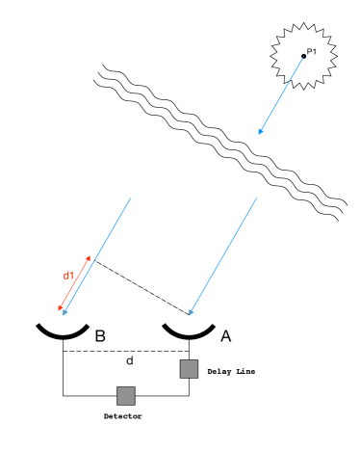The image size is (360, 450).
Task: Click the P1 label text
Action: click(x=311, y=52)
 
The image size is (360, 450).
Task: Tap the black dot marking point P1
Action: click(x=303, y=56)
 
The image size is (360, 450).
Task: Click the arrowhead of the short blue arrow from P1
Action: click(x=259, y=133)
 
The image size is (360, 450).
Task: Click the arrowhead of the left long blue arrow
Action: click(x=64, y=313)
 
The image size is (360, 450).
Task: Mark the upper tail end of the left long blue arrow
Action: click(x=130, y=199)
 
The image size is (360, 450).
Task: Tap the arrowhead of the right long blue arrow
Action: click(x=190, y=313)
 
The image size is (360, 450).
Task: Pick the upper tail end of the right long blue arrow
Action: click(x=256, y=199)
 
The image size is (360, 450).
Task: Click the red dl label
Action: click(x=68, y=276)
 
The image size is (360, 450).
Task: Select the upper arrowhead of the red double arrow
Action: click(x=90, y=257)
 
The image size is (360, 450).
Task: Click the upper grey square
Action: click(x=189, y=369)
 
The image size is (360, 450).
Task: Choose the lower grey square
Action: click(x=126, y=395)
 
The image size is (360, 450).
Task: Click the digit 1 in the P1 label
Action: click(x=314, y=52)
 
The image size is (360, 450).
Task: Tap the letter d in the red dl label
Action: click(x=66, y=276)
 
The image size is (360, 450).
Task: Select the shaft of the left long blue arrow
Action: click(x=97, y=256)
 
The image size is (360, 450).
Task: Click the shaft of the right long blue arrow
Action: click(x=223, y=256)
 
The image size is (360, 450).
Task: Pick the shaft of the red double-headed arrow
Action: click(x=75, y=283)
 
